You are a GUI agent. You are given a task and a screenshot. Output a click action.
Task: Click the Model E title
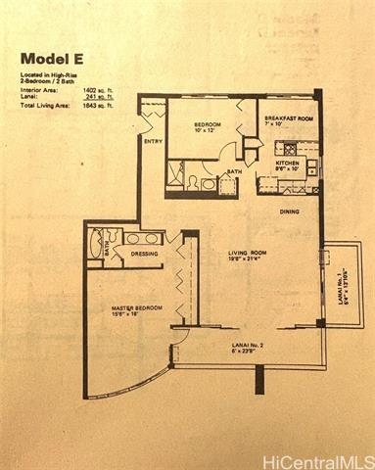coord(55,58)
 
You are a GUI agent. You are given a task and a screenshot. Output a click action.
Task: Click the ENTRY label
coord(153,142)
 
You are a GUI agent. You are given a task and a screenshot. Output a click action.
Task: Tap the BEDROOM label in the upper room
coord(207,125)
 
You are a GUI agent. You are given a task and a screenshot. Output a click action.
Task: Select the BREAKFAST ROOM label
coord(288,118)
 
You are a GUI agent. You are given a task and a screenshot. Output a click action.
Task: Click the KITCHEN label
coord(287,163)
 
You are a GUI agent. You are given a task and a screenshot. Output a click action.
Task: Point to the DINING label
coord(290,211)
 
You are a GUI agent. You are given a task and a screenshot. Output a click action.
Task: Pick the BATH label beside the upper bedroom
coord(235,172)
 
